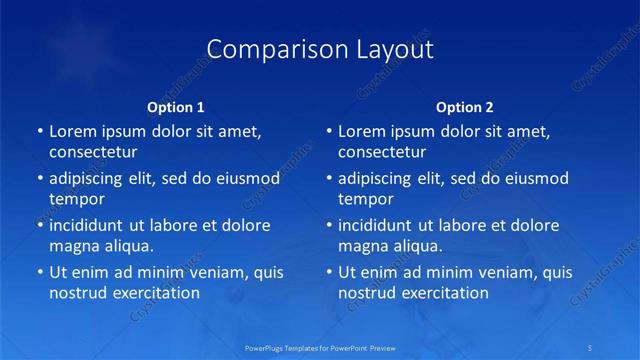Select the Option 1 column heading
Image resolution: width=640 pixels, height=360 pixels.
(x=176, y=106)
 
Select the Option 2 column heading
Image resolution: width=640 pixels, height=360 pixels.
(x=465, y=106)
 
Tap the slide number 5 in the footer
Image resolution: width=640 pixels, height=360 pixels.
(x=592, y=347)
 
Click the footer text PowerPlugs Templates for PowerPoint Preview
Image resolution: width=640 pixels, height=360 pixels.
(x=320, y=347)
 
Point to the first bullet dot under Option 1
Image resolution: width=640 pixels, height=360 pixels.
(x=40, y=132)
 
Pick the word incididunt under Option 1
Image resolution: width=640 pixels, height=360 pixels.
(x=92, y=225)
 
